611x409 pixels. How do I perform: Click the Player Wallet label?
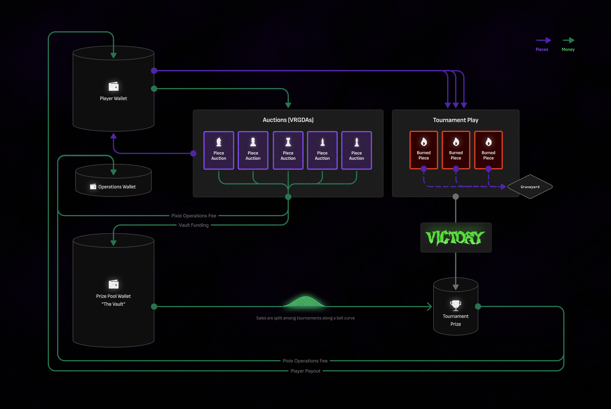point(113,98)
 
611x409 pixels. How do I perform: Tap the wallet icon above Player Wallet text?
point(113,86)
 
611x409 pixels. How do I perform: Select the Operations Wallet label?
point(117,187)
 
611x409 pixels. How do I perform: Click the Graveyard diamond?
point(530,187)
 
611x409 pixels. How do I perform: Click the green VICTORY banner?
point(455,237)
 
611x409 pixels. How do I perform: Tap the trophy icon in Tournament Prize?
point(455,305)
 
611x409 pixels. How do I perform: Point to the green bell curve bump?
point(305,302)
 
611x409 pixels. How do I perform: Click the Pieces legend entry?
point(542,49)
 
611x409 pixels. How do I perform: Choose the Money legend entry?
point(568,49)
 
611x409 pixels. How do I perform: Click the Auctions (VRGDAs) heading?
point(288,120)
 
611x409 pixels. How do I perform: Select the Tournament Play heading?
point(455,120)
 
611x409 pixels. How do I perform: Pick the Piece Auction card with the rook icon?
point(288,150)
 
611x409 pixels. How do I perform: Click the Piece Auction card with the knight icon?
point(219,150)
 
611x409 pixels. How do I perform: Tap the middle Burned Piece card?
point(456,150)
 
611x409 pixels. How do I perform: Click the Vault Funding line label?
point(194,225)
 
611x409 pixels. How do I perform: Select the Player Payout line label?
point(305,371)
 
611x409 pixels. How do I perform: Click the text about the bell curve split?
point(305,318)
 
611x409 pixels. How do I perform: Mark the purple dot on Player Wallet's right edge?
point(154,71)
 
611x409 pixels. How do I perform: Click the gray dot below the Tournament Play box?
point(455,197)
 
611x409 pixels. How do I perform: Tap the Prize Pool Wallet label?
point(113,296)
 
